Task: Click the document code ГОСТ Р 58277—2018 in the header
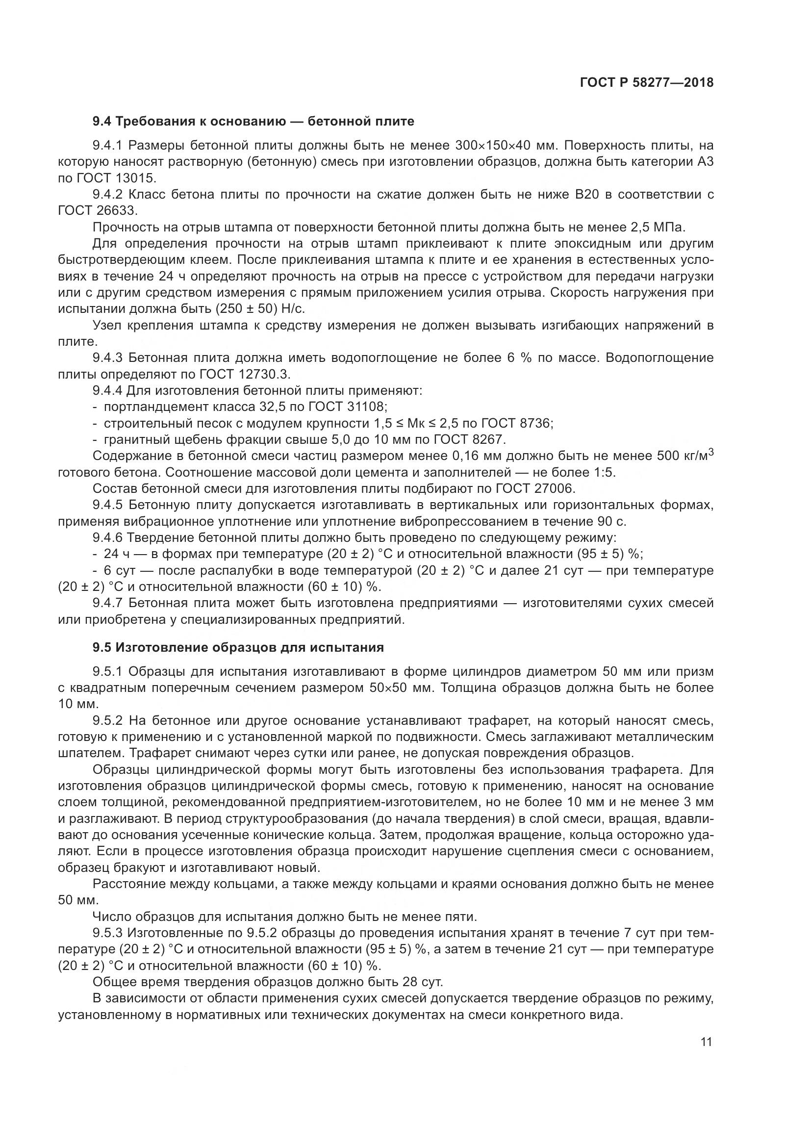coord(647,83)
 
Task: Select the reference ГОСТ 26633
coord(98,211)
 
